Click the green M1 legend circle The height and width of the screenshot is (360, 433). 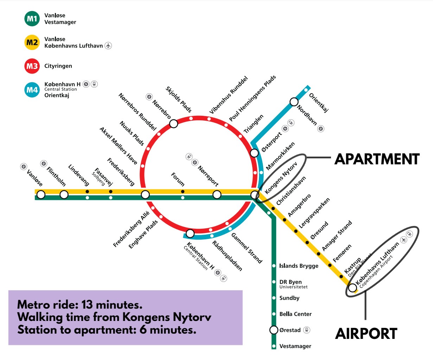pyautogui.click(x=32, y=19)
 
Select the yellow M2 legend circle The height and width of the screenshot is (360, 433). pyautogui.click(x=32, y=42)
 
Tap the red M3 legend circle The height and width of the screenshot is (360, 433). pyautogui.click(x=32, y=66)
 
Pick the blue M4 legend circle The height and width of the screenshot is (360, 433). pyautogui.click(x=32, y=90)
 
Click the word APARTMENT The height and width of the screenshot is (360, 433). pyautogui.click(x=377, y=159)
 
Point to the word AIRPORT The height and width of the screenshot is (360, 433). pyautogui.click(x=366, y=334)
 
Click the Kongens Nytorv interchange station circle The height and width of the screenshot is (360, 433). pyautogui.click(x=255, y=195)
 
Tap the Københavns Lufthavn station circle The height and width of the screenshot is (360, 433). pyautogui.click(x=352, y=288)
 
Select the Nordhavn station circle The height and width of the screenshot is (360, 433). pyautogui.click(x=294, y=102)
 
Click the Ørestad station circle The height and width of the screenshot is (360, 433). pyautogui.click(x=274, y=330)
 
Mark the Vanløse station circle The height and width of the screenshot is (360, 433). pyautogui.click(x=41, y=195)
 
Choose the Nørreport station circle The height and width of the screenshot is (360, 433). pyautogui.click(x=217, y=195)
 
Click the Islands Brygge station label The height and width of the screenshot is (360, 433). pyautogui.click(x=299, y=266)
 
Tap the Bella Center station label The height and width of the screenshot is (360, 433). pyautogui.click(x=295, y=314)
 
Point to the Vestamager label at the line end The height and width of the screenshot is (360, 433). pyautogui.click(x=295, y=346)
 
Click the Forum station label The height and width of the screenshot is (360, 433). pyautogui.click(x=178, y=179)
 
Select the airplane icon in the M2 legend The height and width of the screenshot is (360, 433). pyautogui.click(x=108, y=45)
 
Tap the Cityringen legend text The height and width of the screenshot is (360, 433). pyautogui.click(x=58, y=66)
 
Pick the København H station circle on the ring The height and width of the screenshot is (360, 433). pyautogui.click(x=190, y=233)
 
